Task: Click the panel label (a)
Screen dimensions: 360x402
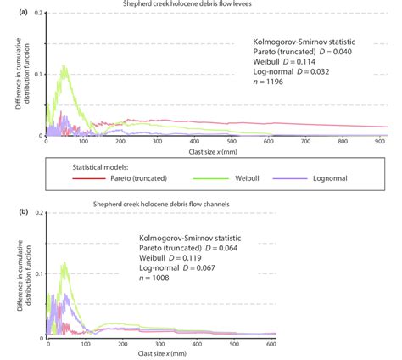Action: coord(7,7)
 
